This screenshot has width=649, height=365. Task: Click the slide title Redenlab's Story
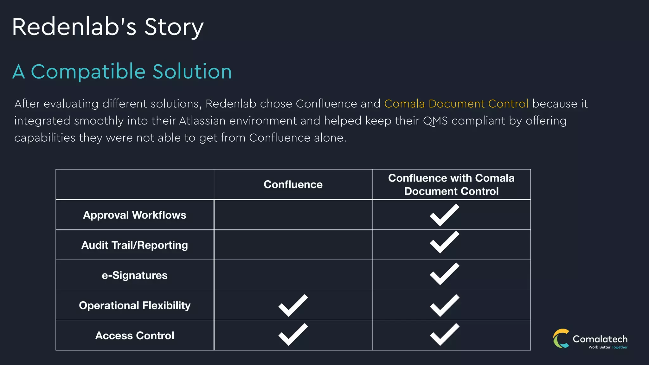click(108, 27)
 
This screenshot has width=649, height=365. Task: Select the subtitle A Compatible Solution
click(122, 72)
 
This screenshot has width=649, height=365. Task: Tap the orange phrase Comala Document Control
click(456, 104)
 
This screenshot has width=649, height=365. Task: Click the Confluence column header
click(293, 184)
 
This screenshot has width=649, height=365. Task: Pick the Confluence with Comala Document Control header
click(451, 184)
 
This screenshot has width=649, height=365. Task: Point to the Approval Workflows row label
click(135, 215)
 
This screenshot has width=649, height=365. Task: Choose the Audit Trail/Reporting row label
click(135, 245)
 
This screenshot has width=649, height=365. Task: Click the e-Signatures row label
click(135, 275)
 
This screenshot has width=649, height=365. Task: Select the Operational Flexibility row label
click(135, 305)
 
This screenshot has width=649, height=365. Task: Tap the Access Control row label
click(135, 335)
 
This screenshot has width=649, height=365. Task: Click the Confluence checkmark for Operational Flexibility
click(293, 305)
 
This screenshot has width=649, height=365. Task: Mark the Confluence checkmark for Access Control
click(293, 335)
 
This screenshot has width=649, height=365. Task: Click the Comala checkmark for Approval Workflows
click(444, 215)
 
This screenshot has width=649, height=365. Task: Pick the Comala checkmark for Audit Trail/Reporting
click(444, 242)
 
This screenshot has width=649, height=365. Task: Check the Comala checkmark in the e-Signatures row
click(444, 274)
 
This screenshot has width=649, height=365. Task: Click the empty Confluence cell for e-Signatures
click(293, 275)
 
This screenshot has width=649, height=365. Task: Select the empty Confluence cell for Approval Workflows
click(293, 215)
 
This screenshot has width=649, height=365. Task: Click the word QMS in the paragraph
click(435, 121)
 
